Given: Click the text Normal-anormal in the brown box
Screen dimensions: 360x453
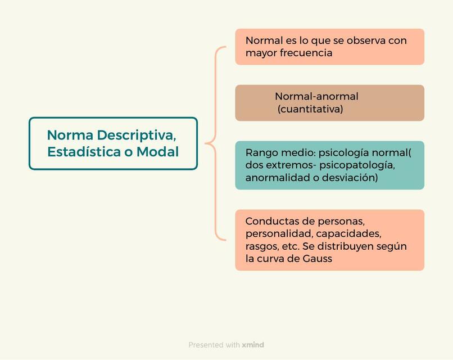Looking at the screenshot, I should (316, 96).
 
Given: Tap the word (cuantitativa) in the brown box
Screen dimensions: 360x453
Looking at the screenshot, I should (310, 109).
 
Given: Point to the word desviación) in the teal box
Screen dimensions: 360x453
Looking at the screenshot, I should (350, 178).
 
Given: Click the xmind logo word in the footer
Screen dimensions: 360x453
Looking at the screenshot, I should (253, 345).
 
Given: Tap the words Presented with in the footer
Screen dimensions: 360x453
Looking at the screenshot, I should (214, 345).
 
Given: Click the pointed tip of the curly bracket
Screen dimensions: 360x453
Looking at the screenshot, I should (206, 144).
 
